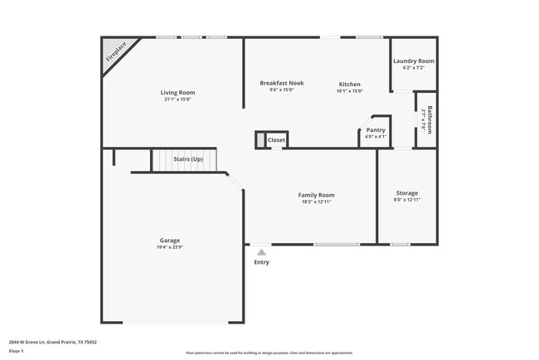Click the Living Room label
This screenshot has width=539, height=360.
(x=177, y=92)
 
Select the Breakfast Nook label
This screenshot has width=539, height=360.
(x=282, y=83)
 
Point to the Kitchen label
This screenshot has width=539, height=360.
(x=349, y=83)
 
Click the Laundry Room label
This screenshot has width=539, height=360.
(x=413, y=61)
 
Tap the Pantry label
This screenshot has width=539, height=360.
(x=376, y=130)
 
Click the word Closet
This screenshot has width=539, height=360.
(x=276, y=140)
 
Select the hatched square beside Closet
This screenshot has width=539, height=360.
(x=260, y=140)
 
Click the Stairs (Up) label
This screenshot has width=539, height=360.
(x=187, y=158)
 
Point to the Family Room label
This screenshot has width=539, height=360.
(x=316, y=195)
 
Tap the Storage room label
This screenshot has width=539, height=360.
(x=405, y=193)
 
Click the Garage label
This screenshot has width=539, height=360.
(x=169, y=241)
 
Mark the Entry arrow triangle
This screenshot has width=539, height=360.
(x=261, y=251)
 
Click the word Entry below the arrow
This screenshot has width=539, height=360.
(x=261, y=263)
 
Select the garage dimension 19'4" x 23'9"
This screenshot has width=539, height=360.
(x=169, y=247)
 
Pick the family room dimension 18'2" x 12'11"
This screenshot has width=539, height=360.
(x=316, y=202)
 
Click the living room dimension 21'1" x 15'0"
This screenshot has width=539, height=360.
(x=177, y=99)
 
